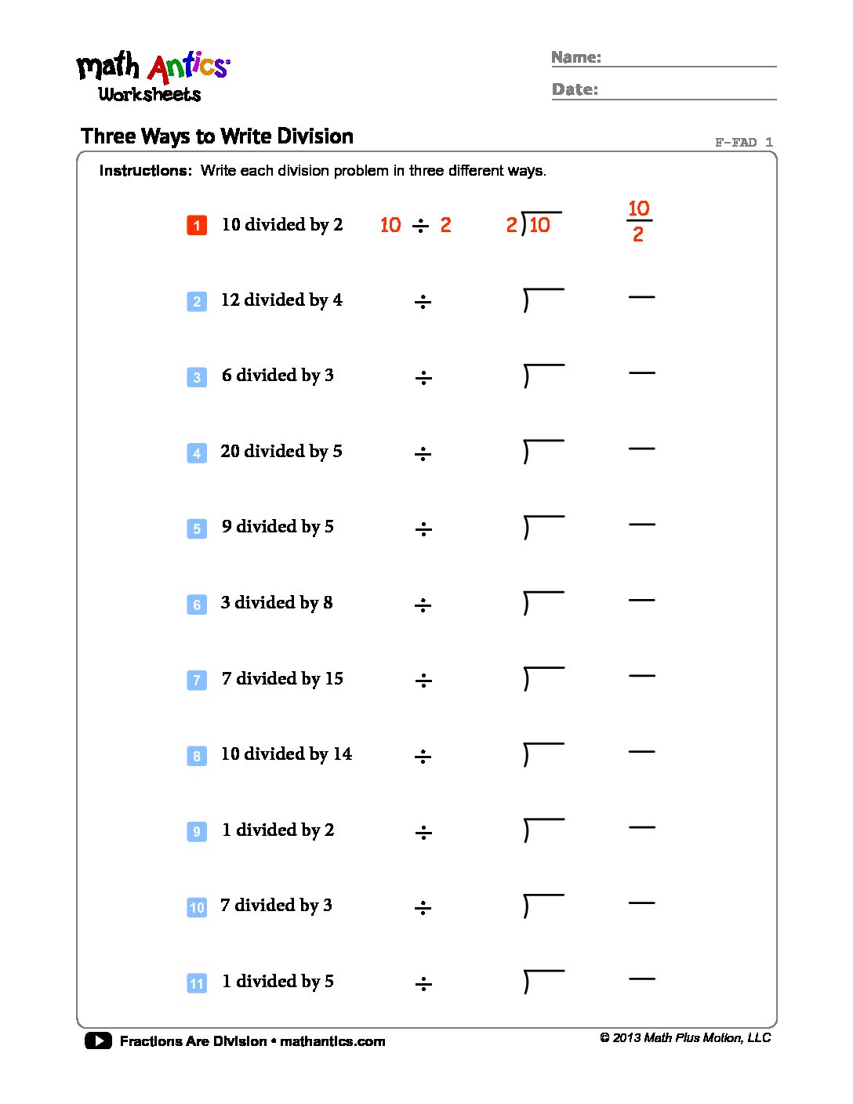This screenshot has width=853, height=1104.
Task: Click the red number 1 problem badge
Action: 197,225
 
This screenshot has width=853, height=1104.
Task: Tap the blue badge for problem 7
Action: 197,680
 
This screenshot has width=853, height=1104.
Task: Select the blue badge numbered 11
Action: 197,983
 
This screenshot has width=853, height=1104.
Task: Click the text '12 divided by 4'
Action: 281,300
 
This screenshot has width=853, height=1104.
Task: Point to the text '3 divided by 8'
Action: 277,603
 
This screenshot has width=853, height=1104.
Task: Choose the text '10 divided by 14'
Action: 286,754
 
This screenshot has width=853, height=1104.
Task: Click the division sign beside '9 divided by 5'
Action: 423,529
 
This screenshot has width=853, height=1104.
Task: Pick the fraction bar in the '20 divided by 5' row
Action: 641,448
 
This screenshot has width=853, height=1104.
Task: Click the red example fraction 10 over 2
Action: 639,221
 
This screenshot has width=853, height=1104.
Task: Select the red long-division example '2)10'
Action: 533,223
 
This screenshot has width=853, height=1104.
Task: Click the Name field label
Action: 576,57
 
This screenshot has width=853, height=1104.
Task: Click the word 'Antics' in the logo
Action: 188,67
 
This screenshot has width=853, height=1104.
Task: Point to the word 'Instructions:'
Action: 146,171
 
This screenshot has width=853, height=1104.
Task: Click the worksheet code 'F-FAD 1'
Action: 744,142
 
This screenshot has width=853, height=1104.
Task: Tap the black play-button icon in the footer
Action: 98,1041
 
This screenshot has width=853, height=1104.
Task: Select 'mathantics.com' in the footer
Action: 332,1041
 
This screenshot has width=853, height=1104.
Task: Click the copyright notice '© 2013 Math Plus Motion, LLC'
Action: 686,1037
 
